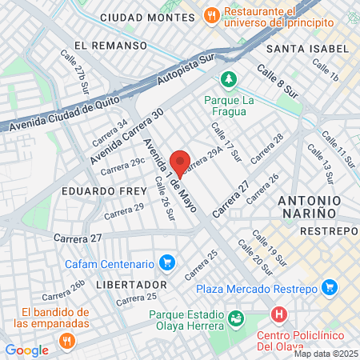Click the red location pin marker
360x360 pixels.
(x=181, y=162)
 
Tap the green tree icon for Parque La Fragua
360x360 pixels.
(x=230, y=79)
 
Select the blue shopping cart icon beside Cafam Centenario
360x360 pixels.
(x=167, y=262)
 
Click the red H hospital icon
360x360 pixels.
(x=278, y=314)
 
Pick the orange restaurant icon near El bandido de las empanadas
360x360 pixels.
(x=66, y=339)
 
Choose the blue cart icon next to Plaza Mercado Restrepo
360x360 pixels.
(x=328, y=287)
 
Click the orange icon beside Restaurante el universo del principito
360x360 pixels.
(x=211, y=14)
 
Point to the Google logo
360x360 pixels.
(x=26, y=350)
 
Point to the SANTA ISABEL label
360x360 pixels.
(x=307, y=49)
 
